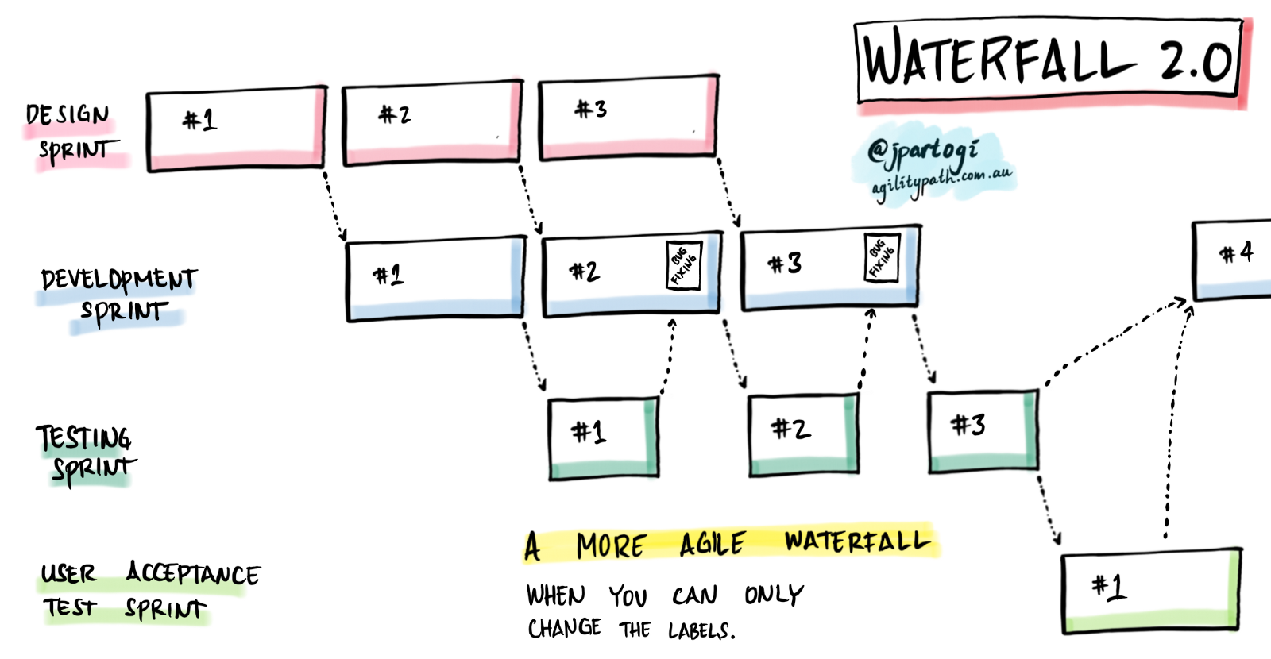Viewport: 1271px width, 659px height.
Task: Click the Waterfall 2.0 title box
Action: point(1049,62)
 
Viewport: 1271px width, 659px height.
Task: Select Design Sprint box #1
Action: point(236,129)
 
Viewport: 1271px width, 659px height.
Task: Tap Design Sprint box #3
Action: point(628,118)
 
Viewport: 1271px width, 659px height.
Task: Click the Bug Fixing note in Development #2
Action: point(683,265)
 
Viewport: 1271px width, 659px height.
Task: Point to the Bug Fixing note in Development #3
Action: point(881,257)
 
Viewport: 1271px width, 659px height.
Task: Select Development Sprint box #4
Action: point(1234,260)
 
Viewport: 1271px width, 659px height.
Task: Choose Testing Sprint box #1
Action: point(604,438)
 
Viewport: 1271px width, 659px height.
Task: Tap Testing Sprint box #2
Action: point(803,434)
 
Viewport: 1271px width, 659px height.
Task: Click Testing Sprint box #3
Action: point(983,430)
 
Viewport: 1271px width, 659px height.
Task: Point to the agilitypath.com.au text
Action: point(941,181)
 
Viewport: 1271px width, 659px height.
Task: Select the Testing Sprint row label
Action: point(85,453)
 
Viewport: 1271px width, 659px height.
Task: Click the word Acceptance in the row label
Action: point(193,573)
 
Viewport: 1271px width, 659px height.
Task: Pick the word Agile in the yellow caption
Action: point(712,545)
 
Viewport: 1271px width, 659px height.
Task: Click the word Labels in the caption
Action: point(701,631)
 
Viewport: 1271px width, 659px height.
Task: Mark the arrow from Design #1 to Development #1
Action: point(334,205)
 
